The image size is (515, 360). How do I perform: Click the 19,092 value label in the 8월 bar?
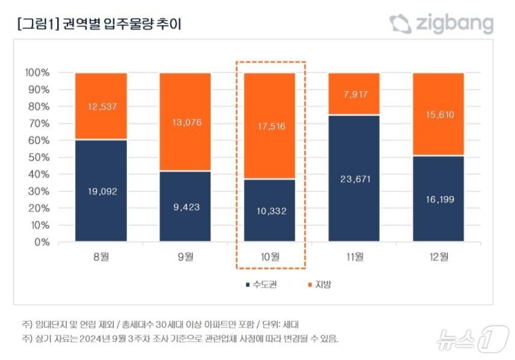tap(101, 192)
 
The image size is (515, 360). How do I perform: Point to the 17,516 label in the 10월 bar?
tap(270, 126)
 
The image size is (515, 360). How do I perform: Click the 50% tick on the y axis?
tap(39, 158)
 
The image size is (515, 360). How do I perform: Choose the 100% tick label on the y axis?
tap(37, 73)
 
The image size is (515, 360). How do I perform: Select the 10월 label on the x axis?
tap(270, 257)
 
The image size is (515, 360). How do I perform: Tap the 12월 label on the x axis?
tap(438, 257)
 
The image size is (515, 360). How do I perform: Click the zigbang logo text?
tap(452, 24)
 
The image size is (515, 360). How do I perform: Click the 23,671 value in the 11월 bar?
tap(354, 179)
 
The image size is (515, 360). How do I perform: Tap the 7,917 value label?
tap(354, 94)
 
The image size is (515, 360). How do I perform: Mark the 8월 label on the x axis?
tap(101, 257)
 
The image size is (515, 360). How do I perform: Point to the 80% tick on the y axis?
tap(39, 107)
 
